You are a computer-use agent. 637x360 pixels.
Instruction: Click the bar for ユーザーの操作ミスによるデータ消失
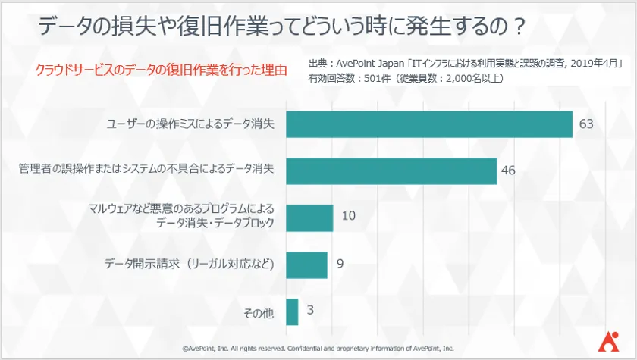[428, 124]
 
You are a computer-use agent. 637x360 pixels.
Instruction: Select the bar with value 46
[391, 171]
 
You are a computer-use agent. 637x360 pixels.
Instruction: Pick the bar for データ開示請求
[306, 265]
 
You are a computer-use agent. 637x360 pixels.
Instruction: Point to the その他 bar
[292, 311]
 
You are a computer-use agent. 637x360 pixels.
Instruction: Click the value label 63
[585, 124]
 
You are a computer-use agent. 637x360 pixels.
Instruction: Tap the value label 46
[509, 171]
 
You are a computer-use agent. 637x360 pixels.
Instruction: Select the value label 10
[348, 217]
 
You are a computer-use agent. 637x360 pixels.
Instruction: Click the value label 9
[340, 265]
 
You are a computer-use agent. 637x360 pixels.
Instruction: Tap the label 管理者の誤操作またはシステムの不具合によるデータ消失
[147, 171]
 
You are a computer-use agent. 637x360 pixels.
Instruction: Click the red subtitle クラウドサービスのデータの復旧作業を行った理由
[161, 70]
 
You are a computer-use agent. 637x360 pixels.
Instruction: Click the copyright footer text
[318, 349]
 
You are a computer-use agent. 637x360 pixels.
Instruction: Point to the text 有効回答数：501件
[348, 78]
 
